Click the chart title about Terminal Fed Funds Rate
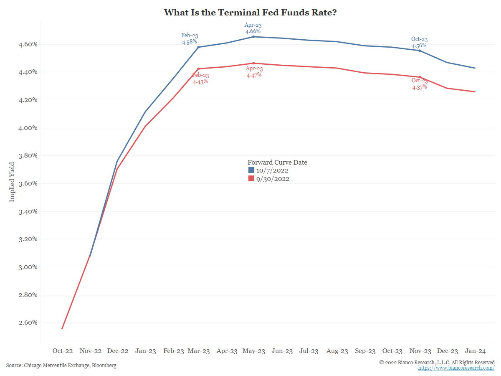pyautogui.click(x=250, y=13)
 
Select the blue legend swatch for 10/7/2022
pyautogui.click(x=251, y=170)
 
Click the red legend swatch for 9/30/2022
pyautogui.click(x=251, y=179)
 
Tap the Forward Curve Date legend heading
pyautogui.click(x=277, y=163)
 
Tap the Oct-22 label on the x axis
pyautogui.click(x=63, y=351)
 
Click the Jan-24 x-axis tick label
pyautogui.click(x=475, y=351)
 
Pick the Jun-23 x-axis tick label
pyautogui.click(x=282, y=351)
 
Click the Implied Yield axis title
pyautogui.click(x=12, y=182)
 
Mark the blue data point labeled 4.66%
pyautogui.click(x=253, y=37)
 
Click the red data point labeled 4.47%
pyautogui.click(x=253, y=63)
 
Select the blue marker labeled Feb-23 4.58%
pyautogui.click(x=198, y=47)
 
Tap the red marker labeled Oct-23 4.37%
pyautogui.click(x=420, y=77)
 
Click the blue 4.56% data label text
pyautogui.click(x=419, y=46)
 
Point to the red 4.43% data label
pyautogui.click(x=200, y=82)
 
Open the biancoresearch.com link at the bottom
pyautogui.click(x=456, y=368)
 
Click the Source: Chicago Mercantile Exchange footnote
pyautogui.click(x=61, y=366)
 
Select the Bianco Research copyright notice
pyautogui.click(x=437, y=362)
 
